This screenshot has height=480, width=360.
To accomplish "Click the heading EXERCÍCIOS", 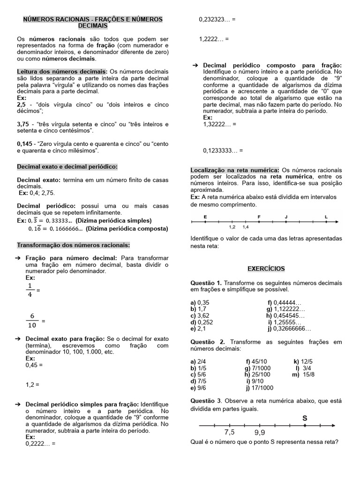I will tap(266, 269).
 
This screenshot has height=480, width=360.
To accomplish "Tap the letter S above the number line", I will tap(305, 417).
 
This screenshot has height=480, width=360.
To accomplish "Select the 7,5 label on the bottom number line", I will tap(229, 432).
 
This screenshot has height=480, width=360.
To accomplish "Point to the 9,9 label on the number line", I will tap(260, 432).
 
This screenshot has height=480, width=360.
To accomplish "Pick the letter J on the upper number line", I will tap(286, 217).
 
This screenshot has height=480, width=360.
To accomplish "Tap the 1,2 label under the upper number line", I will tap(232, 227).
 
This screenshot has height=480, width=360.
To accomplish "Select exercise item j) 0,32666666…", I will tap(289, 329).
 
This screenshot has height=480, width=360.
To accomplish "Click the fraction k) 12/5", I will tap(303, 361).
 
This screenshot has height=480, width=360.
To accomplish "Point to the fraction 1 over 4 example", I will tap(30, 290).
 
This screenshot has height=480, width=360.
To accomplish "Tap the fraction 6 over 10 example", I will tap(32, 321).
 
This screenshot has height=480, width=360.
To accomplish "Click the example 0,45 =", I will tap(34, 364).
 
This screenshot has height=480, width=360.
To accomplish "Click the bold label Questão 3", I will tap(206, 401).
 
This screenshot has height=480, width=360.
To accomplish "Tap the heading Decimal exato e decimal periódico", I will tap(67, 166).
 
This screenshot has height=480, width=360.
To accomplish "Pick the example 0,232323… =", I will tap(217, 20).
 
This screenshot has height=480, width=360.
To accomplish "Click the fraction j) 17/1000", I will tap(261, 388).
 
